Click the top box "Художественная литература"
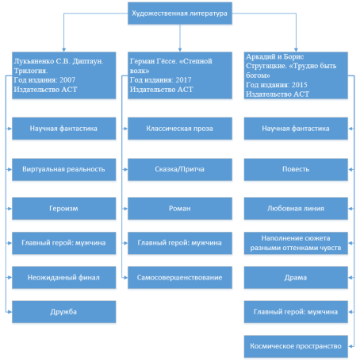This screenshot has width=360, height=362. [180, 13]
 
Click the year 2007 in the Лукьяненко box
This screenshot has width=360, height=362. [67, 80]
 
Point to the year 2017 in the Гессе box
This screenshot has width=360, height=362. [183, 80]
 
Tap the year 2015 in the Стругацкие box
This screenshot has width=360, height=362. [300, 85]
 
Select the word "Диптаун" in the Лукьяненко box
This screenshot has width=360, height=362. [88, 61]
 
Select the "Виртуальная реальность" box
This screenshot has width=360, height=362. [63, 169]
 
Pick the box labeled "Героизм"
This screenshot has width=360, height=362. [63, 209]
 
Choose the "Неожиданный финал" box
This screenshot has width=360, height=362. [63, 277]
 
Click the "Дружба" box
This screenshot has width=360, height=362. [63, 312]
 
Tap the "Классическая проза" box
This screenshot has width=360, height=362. [180, 129]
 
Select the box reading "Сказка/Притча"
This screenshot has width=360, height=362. [180, 169]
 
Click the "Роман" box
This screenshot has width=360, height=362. [180, 209]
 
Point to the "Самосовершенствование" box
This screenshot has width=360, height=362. [180, 277]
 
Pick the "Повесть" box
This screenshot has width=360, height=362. [296, 169]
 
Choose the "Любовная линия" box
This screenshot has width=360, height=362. [296, 209]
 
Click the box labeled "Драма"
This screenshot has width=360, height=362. [296, 277]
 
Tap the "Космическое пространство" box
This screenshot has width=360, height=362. [296, 346]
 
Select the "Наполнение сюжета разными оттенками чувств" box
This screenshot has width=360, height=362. [296, 243]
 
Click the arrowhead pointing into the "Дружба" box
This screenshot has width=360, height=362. [10, 312]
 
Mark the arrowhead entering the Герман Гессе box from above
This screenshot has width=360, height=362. [180, 50]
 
